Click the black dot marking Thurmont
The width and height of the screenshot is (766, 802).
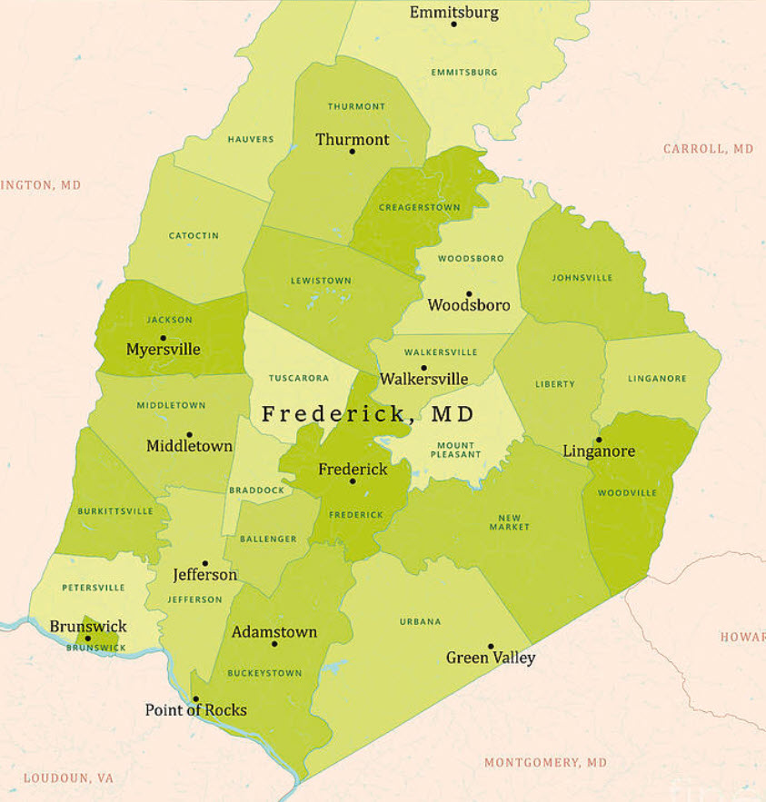[x=353, y=151]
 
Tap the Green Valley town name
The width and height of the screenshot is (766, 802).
[x=491, y=658]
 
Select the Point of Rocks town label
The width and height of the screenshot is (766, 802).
[x=195, y=710]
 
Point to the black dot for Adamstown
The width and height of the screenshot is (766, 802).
[x=274, y=644]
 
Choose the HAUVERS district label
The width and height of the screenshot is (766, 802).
[x=251, y=139]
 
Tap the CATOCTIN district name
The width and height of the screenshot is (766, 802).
[x=194, y=235]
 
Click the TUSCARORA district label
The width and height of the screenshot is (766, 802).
[x=299, y=378]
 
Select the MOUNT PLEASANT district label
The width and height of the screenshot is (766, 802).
[x=455, y=450]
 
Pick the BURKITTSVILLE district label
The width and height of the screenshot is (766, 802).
[x=115, y=511]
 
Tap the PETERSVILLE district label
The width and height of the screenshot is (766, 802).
[x=94, y=588]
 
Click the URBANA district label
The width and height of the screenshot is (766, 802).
[x=420, y=621]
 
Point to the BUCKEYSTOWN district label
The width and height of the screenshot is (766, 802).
[x=264, y=674]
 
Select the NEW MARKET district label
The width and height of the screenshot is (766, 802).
[x=509, y=522]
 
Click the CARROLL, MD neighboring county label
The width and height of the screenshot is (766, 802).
[x=708, y=148]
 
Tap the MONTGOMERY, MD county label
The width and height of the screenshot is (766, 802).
[x=545, y=762]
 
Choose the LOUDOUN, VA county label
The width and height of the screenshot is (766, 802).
[x=68, y=778]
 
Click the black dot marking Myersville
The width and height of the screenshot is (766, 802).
[x=163, y=338]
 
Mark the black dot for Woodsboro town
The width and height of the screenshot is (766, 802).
[x=469, y=293]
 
